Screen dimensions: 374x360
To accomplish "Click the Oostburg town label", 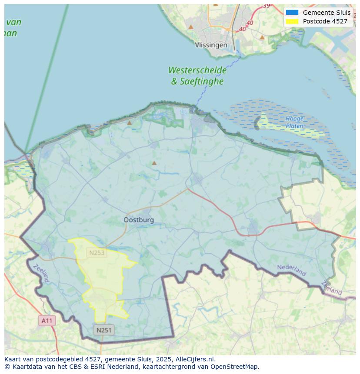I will [x=139, y=220].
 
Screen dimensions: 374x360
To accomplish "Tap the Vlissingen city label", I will [x=211, y=45].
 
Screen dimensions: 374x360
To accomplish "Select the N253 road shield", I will [x=97, y=253].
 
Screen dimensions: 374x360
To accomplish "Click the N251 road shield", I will [x=104, y=330].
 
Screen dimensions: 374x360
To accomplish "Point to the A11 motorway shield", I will [x=47, y=321].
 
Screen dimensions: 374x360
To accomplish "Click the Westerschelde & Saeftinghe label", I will [x=197, y=76].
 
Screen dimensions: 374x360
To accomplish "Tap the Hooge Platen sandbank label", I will [x=294, y=122].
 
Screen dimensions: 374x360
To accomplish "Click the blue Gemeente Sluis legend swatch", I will [x=292, y=13].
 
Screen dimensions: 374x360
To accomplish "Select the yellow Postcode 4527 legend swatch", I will [x=292, y=21].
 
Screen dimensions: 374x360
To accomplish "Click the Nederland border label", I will [x=292, y=270].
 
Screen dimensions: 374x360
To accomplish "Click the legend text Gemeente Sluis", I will [x=327, y=13].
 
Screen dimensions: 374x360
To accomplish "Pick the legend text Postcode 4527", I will [x=325, y=21].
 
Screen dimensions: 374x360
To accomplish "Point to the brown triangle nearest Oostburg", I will [x=154, y=163].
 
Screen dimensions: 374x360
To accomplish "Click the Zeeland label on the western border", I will [x=41, y=273].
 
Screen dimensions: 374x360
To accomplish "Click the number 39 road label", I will [x=266, y=6].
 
